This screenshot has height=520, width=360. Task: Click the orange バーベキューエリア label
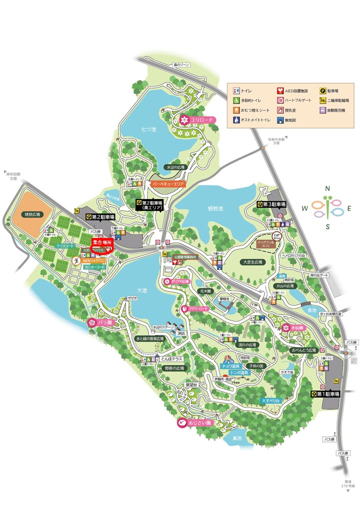tap(168, 184)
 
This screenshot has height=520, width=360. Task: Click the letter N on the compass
tap(327, 188)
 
